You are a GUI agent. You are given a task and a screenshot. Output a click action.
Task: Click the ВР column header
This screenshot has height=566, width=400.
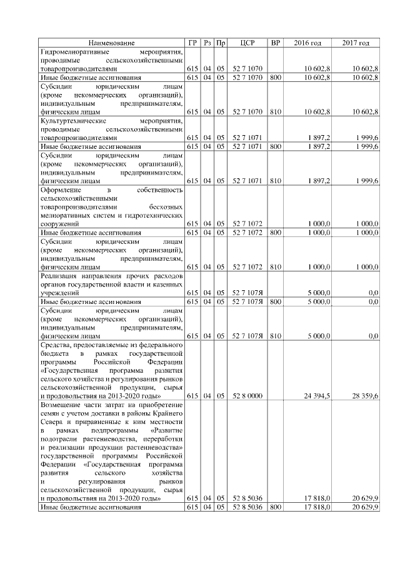(276, 43)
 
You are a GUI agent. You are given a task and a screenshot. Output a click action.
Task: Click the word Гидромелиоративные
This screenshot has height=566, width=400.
(74, 51)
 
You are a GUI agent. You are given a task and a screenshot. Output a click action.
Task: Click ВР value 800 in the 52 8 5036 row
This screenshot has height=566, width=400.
(276, 508)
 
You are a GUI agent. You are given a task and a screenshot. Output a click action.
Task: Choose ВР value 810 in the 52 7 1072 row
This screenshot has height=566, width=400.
(276, 266)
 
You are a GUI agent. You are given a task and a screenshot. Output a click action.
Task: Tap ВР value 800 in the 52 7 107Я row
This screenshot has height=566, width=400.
(276, 301)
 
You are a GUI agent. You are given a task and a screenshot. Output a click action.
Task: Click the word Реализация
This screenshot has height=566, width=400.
(61, 276)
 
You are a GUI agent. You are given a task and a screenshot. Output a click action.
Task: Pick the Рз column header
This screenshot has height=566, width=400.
(207, 43)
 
